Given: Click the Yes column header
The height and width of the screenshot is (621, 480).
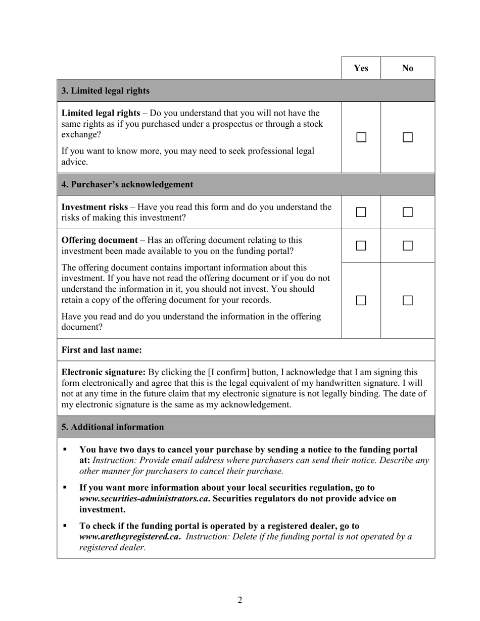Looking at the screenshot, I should click(x=361, y=68).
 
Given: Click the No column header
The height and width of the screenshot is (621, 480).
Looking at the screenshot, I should click(x=408, y=68).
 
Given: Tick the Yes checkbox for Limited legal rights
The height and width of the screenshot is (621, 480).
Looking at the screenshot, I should click(x=361, y=137).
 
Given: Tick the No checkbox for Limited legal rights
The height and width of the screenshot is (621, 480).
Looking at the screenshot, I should click(x=408, y=137).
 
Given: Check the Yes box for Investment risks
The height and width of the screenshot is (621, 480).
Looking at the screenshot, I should click(x=361, y=213).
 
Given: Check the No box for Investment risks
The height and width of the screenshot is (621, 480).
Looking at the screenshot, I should click(x=408, y=213).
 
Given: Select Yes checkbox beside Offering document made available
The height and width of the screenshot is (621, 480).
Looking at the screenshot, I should click(x=361, y=246).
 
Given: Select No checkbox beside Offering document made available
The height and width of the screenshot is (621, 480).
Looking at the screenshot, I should click(x=408, y=246).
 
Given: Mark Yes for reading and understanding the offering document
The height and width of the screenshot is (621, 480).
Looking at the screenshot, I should click(x=361, y=300).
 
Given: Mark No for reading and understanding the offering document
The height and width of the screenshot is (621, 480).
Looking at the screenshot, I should click(x=408, y=300).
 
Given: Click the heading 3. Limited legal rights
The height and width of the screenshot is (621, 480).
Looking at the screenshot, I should click(x=106, y=91).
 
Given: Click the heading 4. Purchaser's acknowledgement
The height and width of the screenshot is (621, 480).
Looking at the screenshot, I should click(x=127, y=185).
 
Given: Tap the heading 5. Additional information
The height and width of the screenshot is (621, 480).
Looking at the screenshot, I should click(x=113, y=427).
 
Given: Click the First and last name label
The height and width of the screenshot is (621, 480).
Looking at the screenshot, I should click(x=102, y=350).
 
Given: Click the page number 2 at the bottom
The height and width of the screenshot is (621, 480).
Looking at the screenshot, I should click(x=240, y=600).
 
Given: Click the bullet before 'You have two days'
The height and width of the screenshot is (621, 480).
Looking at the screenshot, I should click(x=65, y=449).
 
